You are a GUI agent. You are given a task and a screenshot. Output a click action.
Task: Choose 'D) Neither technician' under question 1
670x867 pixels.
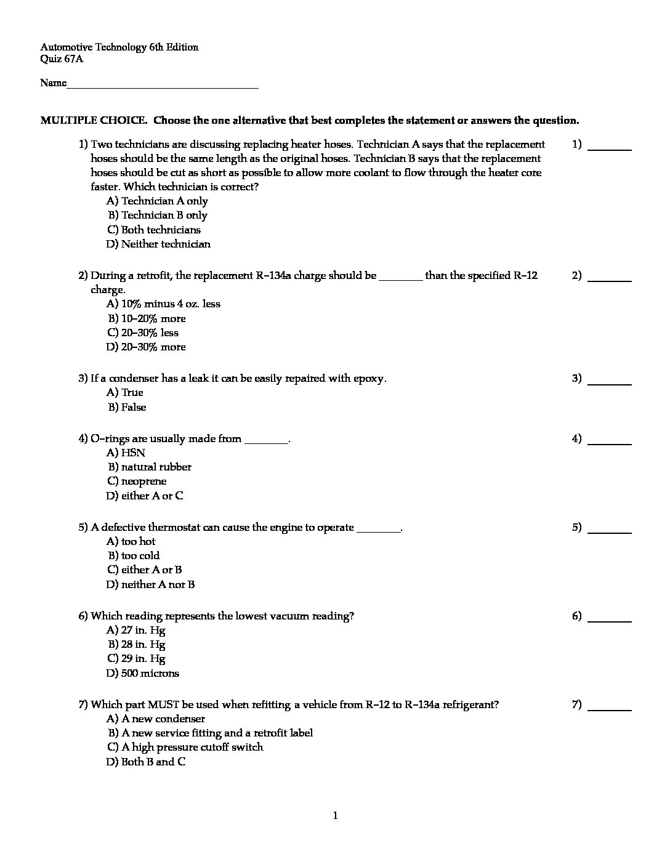pos(158,244)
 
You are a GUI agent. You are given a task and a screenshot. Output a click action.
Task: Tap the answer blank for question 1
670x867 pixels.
pos(610,147)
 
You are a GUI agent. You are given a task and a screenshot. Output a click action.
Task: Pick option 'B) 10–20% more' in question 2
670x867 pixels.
pos(147,318)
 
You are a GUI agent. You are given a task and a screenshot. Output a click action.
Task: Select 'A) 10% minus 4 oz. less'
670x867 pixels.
pos(163,304)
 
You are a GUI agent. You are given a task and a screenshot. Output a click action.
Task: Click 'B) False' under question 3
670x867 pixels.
pos(127,407)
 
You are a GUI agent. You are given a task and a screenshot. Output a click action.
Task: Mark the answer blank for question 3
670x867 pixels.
pos(610,381)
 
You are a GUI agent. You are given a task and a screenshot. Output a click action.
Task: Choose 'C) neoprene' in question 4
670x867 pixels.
pos(137,481)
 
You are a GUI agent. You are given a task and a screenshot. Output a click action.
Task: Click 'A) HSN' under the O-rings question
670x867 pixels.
pos(126,453)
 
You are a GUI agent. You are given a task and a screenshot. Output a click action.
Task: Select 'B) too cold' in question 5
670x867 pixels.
pos(134,555)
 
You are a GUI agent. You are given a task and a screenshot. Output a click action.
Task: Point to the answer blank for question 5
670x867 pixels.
pos(610,530)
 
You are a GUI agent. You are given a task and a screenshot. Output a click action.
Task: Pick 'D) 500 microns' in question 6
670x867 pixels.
pos(142,673)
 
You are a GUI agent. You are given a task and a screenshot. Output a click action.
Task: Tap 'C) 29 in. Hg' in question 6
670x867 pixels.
pos(136,658)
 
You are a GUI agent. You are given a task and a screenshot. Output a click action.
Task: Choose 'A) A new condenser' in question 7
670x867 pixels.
pos(155,719)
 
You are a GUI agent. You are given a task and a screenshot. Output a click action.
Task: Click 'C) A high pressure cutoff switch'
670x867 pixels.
pos(185,747)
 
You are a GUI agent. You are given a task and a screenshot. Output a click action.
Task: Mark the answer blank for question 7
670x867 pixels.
pos(610,707)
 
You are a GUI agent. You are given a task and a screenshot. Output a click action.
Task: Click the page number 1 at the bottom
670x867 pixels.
pos(335,816)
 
